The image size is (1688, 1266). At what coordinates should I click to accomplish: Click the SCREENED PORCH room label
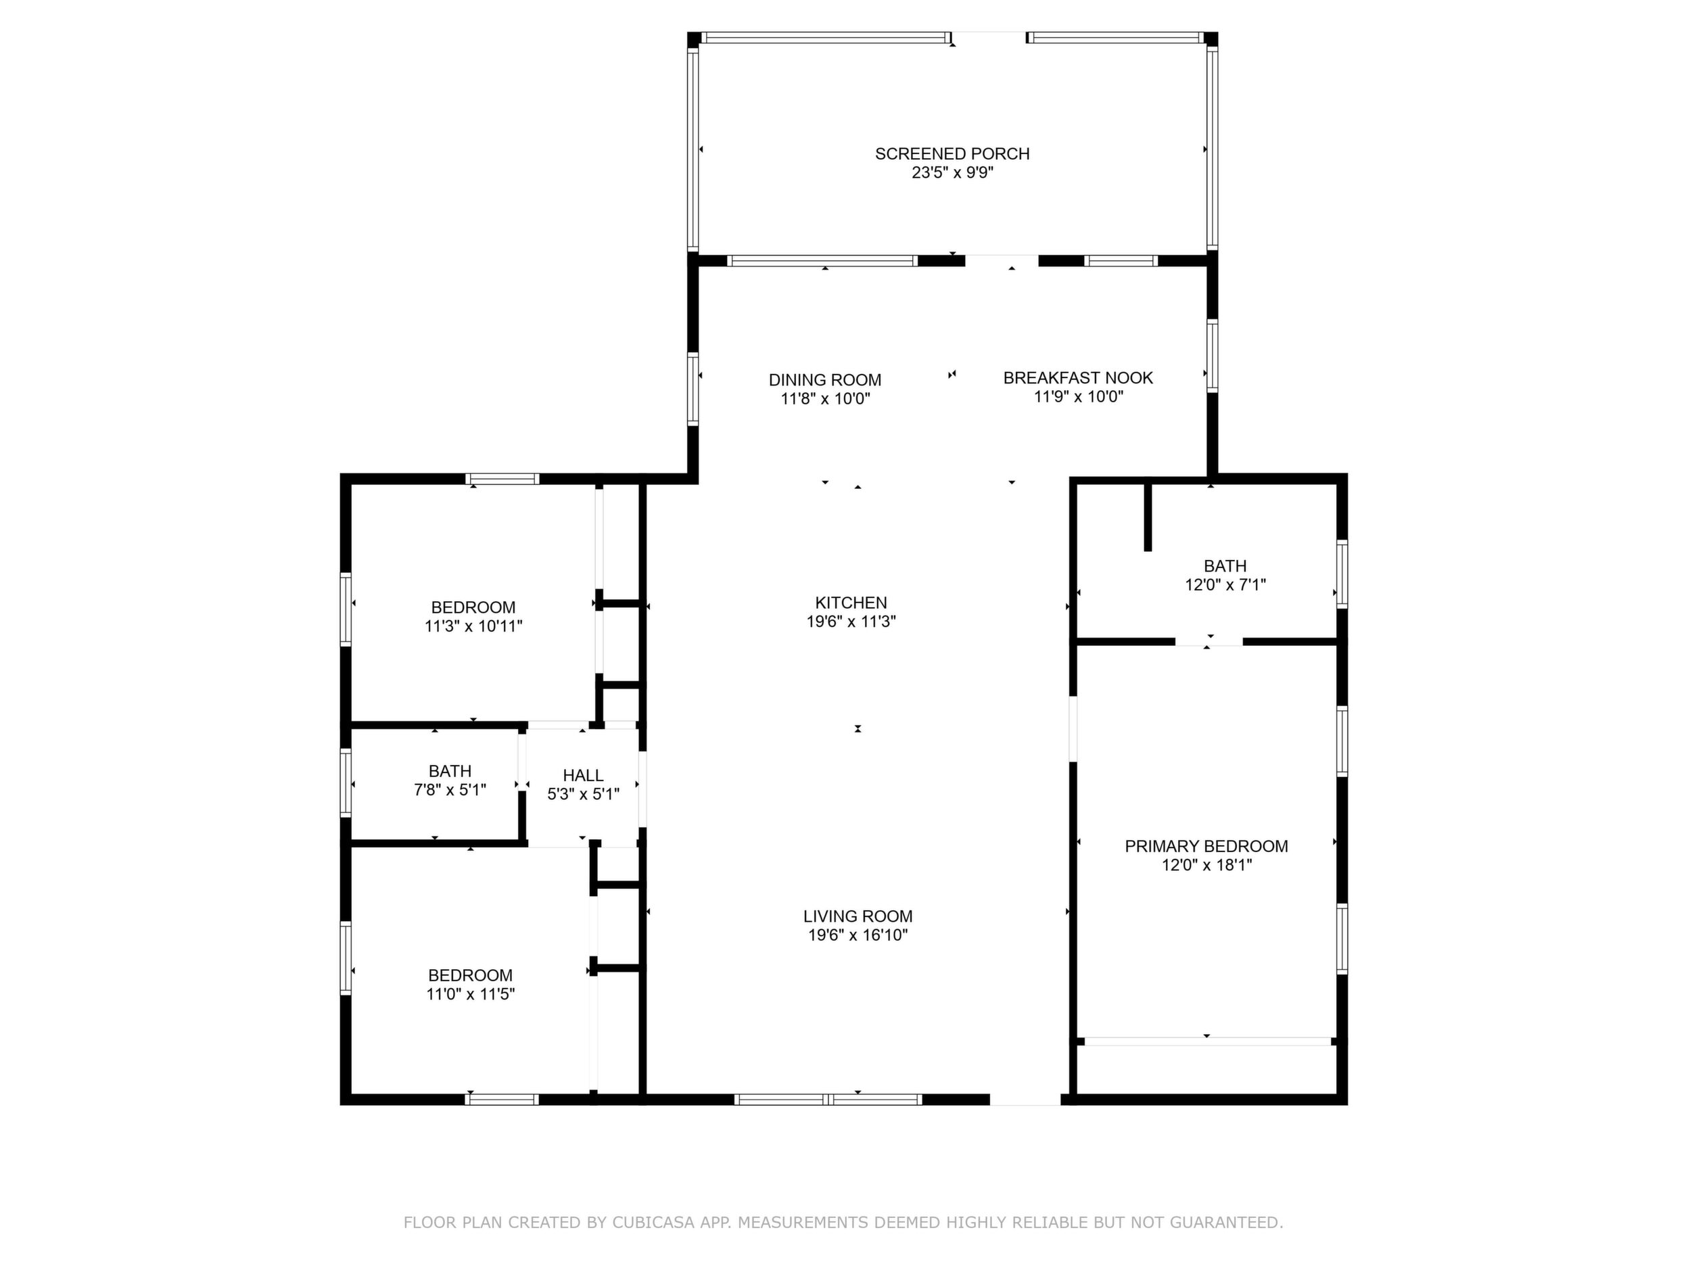[952, 154]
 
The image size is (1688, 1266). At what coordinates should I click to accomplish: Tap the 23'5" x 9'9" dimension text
[952, 173]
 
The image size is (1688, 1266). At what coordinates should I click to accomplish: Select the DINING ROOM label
[825, 380]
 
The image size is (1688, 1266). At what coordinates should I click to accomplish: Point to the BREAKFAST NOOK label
[1078, 378]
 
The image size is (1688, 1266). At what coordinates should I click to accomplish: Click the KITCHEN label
[851, 603]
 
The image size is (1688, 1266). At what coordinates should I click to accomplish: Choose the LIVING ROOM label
[858, 916]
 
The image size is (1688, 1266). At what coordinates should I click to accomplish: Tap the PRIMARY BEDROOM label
[1206, 846]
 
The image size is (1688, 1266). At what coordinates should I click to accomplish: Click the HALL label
[583, 775]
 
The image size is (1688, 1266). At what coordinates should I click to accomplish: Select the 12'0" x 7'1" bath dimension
[1225, 585]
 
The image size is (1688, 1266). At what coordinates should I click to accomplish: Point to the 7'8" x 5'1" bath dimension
[450, 790]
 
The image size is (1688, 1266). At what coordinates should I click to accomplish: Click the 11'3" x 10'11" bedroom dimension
[473, 626]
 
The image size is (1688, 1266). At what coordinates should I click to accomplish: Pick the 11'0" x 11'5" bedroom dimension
[470, 994]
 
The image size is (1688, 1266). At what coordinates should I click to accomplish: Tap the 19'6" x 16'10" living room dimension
[858, 935]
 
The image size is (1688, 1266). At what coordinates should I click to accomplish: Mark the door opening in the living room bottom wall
[1025, 1100]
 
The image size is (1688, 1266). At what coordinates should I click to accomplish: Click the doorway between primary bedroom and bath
[1209, 642]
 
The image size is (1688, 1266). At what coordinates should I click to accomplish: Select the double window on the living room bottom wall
[828, 1100]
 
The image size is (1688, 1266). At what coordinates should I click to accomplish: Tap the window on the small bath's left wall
[346, 783]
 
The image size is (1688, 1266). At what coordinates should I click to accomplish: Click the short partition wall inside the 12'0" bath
[1148, 517]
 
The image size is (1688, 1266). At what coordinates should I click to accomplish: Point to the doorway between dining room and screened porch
[1002, 260]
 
